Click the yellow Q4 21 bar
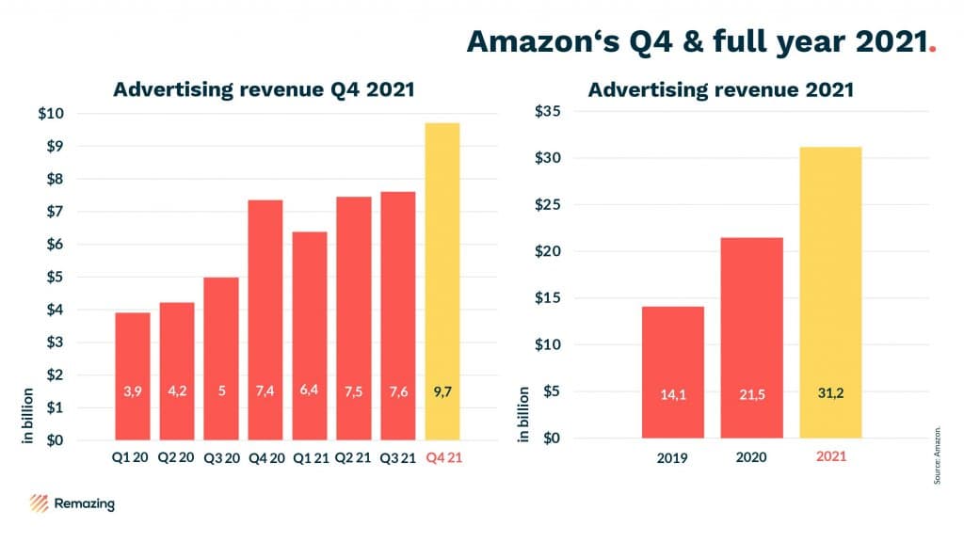[442, 281]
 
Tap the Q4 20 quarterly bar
[265, 319]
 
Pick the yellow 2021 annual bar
[830, 292]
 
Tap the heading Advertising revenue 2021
[721, 90]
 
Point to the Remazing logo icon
[40, 503]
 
